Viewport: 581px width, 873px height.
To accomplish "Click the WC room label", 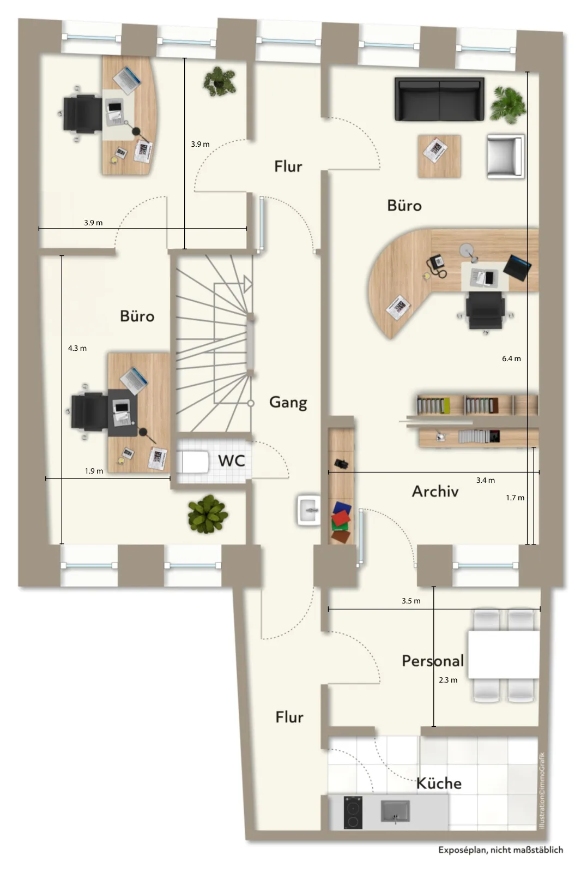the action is (231, 461).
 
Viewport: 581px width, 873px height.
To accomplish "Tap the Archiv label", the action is (435, 492).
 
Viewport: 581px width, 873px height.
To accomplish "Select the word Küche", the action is (439, 784).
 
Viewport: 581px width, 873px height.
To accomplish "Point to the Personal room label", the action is (433, 661).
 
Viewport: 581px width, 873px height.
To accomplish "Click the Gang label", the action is (288, 402).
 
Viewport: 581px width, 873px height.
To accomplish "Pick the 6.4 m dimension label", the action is (511, 358).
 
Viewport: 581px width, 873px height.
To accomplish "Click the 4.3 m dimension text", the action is (77, 349).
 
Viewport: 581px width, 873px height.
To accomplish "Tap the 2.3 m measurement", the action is (448, 680).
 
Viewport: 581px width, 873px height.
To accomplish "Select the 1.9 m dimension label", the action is (94, 471).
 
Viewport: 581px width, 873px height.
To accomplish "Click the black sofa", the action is (440, 99).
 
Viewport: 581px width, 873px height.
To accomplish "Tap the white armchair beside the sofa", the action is (505, 157).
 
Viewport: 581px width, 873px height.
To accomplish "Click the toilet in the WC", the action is (193, 462).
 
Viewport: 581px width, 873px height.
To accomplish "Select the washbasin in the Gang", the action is (309, 510).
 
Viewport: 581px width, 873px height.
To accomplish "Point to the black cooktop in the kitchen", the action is (353, 812).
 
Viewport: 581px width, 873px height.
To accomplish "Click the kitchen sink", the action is (395, 811).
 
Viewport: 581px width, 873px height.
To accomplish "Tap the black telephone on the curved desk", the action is (437, 265).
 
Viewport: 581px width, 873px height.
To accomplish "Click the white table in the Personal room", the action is (504, 655).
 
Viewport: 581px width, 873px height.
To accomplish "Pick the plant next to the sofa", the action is (508, 104).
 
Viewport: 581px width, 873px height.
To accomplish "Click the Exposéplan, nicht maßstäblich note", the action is (501, 850).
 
